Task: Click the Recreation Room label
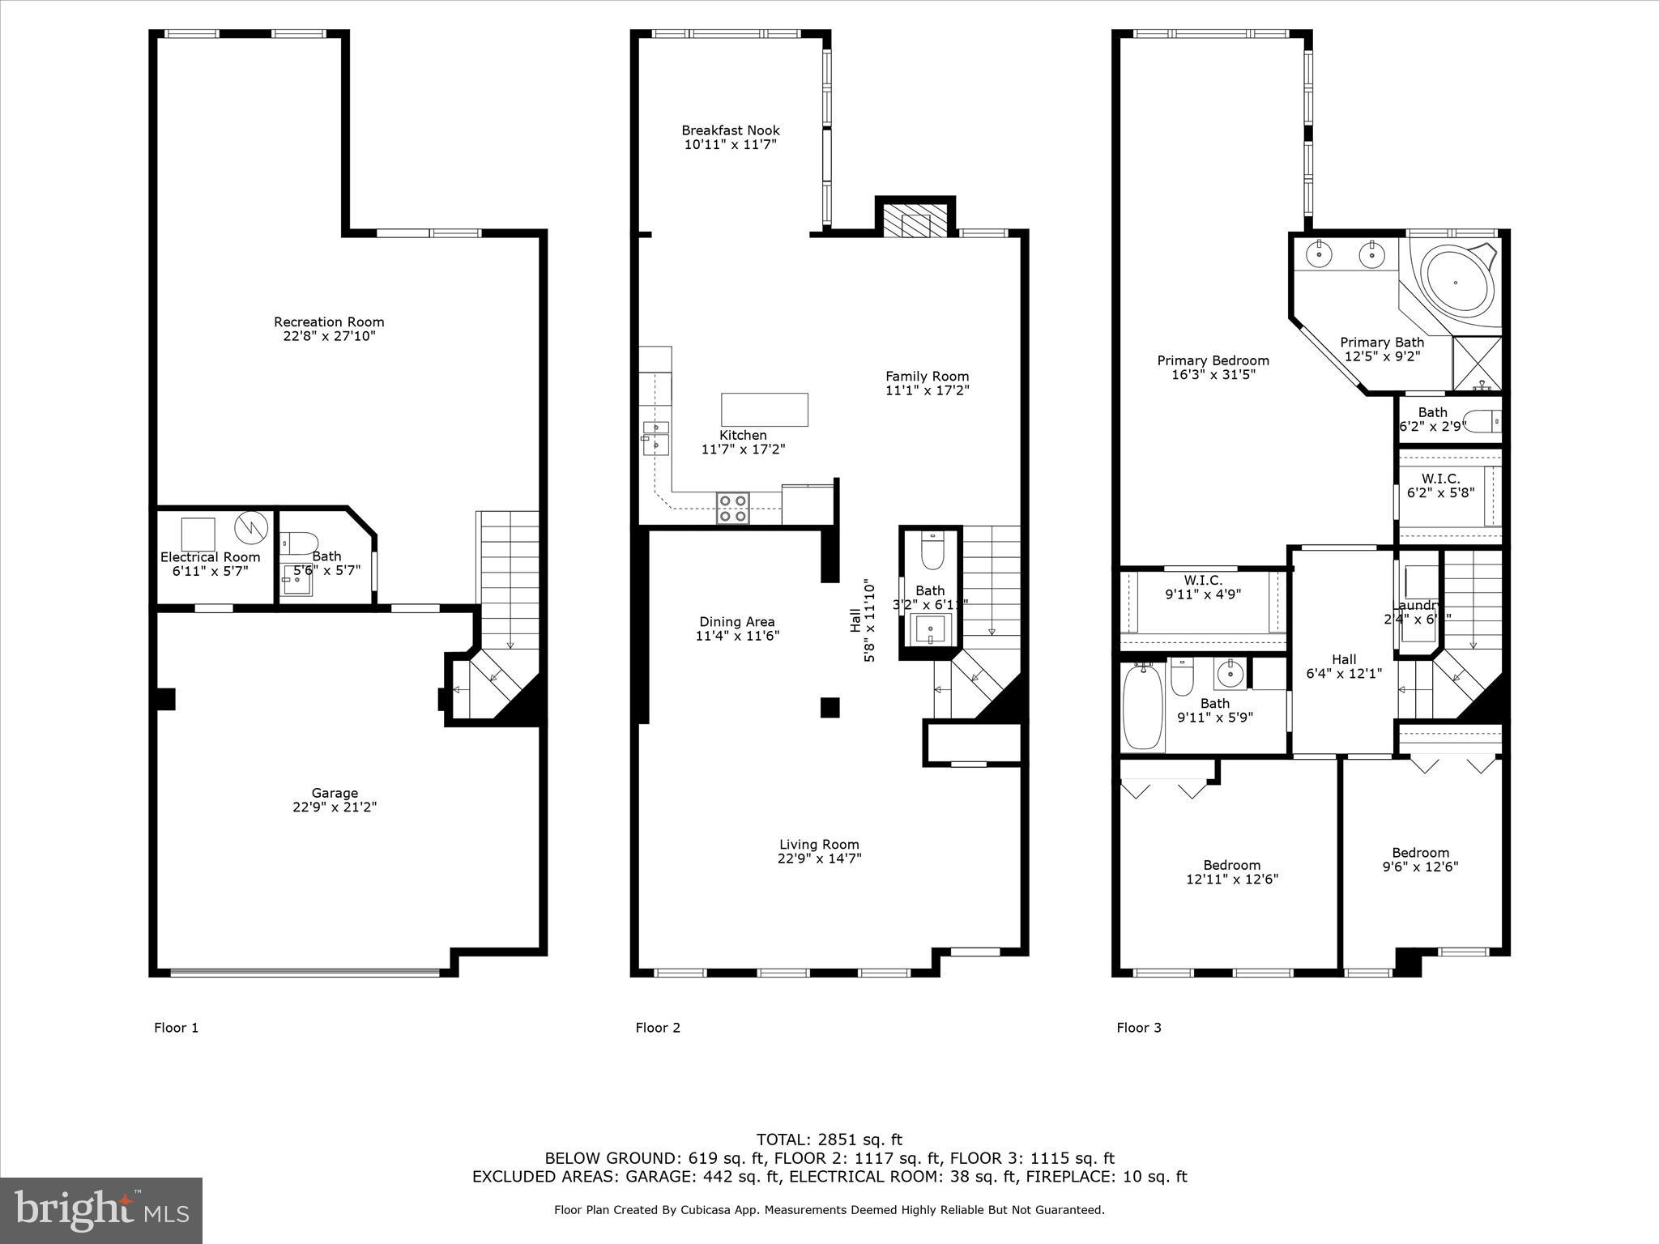(x=328, y=322)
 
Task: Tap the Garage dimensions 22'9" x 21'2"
(x=335, y=807)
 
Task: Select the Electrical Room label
(x=210, y=557)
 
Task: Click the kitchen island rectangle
(x=764, y=409)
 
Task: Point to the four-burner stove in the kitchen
(x=732, y=508)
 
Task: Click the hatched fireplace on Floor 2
(x=915, y=220)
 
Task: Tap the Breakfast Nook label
(x=730, y=130)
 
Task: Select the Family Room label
(x=927, y=377)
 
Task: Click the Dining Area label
(x=736, y=622)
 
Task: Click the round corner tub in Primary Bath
(x=1457, y=283)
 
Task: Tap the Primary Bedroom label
(x=1213, y=361)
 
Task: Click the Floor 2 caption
(x=658, y=1028)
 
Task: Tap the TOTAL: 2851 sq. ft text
(x=829, y=1140)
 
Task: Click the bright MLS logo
(x=101, y=1210)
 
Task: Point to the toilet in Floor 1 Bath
(x=300, y=543)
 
